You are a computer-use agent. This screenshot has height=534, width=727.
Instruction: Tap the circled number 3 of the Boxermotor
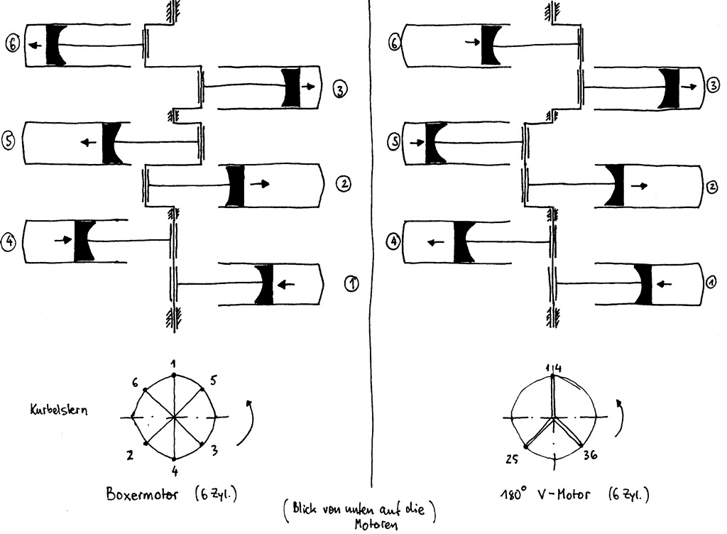point(340,89)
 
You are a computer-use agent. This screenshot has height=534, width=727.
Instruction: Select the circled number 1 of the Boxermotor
point(351,284)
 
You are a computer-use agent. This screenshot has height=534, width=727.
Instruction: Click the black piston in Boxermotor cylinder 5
point(112,142)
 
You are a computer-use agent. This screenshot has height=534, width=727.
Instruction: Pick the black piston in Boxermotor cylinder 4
point(84,240)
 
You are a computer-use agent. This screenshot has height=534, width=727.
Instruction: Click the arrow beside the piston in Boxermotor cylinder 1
point(286,285)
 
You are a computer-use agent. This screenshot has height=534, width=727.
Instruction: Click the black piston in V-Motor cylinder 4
point(464,241)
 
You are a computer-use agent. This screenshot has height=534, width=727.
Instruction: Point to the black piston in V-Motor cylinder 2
point(615,185)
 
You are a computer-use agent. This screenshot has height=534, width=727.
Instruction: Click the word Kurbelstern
point(59,410)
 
